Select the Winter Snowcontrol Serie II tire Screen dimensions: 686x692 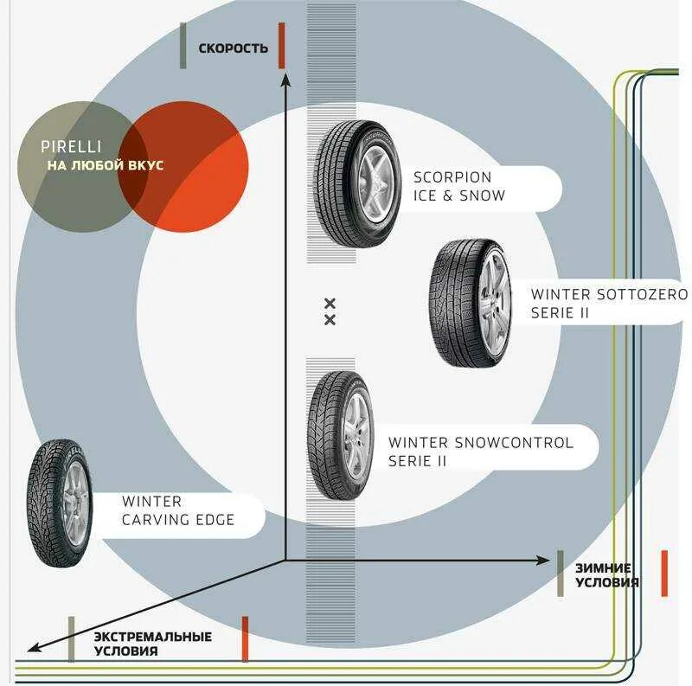point(340,435)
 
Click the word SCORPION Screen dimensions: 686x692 point(452,178)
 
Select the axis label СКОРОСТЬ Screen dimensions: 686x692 point(234,48)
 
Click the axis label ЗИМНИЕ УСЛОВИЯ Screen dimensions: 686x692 point(607,574)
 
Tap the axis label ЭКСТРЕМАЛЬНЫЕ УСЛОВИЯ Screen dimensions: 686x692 point(153,643)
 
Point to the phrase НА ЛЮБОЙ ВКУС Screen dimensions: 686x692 point(106,165)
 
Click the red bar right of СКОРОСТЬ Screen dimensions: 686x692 point(282,47)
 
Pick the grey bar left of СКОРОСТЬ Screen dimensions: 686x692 point(183,47)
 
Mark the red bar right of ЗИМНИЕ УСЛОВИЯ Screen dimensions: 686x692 point(664,573)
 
